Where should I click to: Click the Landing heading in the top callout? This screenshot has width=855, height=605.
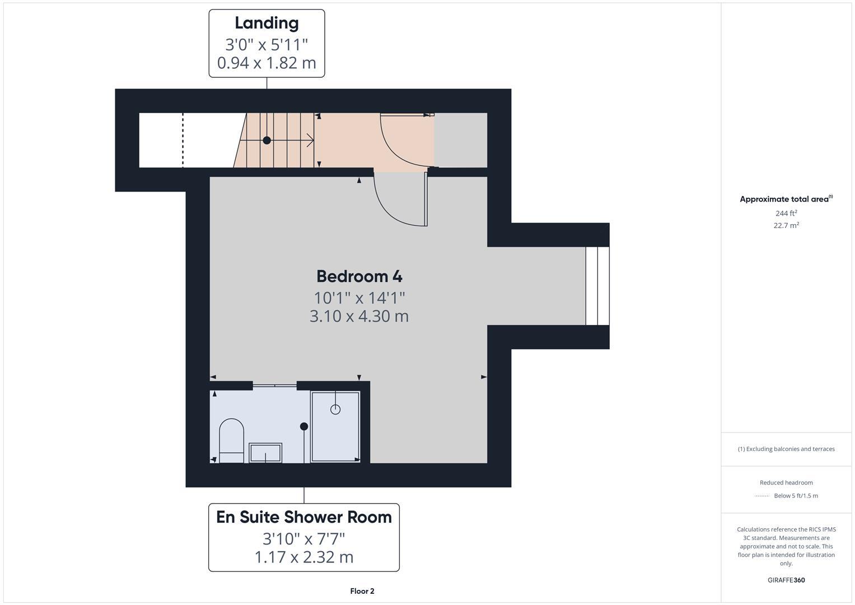(267, 24)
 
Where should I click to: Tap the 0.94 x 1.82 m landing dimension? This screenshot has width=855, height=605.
(267, 63)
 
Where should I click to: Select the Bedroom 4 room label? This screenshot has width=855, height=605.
(359, 276)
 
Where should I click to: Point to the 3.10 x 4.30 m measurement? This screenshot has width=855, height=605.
(359, 316)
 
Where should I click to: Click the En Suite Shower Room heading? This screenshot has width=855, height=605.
(304, 517)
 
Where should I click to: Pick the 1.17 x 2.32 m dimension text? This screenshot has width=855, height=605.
(304, 557)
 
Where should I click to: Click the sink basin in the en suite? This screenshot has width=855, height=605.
(265, 453)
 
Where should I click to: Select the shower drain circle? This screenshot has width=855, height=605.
(335, 409)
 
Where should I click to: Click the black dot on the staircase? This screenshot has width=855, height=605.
(267, 141)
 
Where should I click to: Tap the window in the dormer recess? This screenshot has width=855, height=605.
(597, 286)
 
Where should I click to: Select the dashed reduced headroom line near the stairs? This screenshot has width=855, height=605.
(183, 140)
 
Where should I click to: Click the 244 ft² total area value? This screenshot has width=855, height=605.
(786, 213)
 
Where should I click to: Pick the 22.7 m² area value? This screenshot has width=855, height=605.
(786, 226)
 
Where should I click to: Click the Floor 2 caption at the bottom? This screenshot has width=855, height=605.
(362, 591)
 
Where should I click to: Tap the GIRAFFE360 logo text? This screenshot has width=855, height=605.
(786, 580)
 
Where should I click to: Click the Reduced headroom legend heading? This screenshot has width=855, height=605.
(786, 483)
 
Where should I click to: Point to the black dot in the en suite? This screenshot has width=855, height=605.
(304, 426)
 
